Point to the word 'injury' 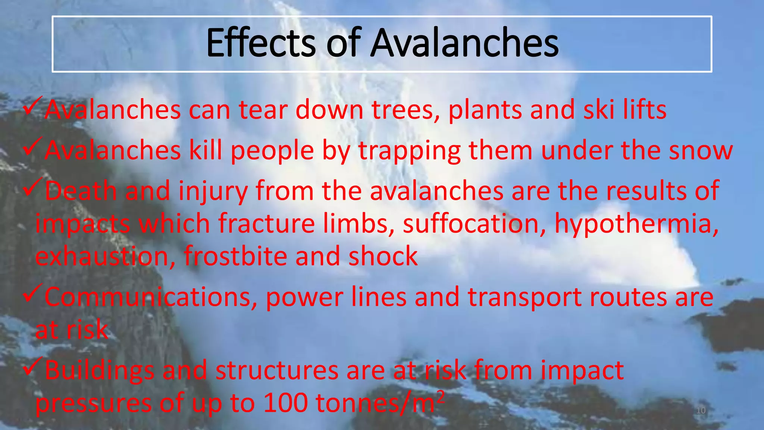click(213, 191)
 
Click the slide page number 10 click(701, 411)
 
